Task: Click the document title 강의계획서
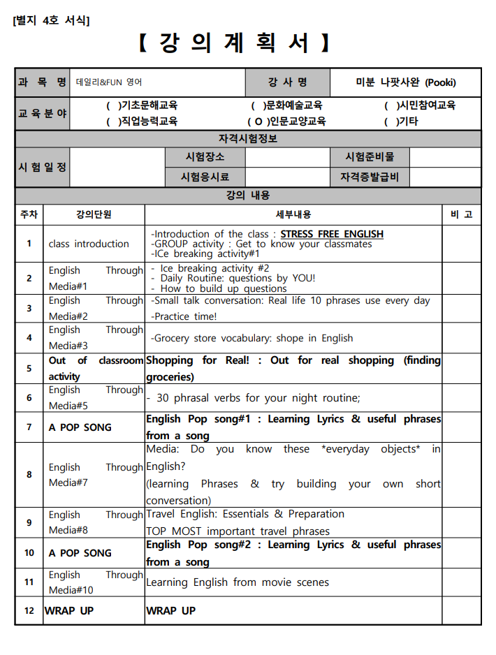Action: point(234,43)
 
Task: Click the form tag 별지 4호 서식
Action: point(52,20)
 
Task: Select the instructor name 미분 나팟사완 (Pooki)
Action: point(405,82)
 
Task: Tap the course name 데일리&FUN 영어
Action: point(110,82)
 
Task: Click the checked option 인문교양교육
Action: point(286,121)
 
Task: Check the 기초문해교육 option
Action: point(142,105)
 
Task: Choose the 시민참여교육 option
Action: point(420,105)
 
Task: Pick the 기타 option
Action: point(402,121)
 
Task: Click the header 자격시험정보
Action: point(248,139)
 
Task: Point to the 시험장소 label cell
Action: point(205,157)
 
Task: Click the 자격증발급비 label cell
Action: point(369,177)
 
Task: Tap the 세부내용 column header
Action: point(293,214)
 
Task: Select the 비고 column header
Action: point(462,214)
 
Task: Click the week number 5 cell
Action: point(29,368)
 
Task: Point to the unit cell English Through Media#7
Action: point(95,475)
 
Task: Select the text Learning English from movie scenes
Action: point(238,582)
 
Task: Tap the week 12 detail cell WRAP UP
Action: point(171,610)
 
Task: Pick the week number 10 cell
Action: point(29,552)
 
